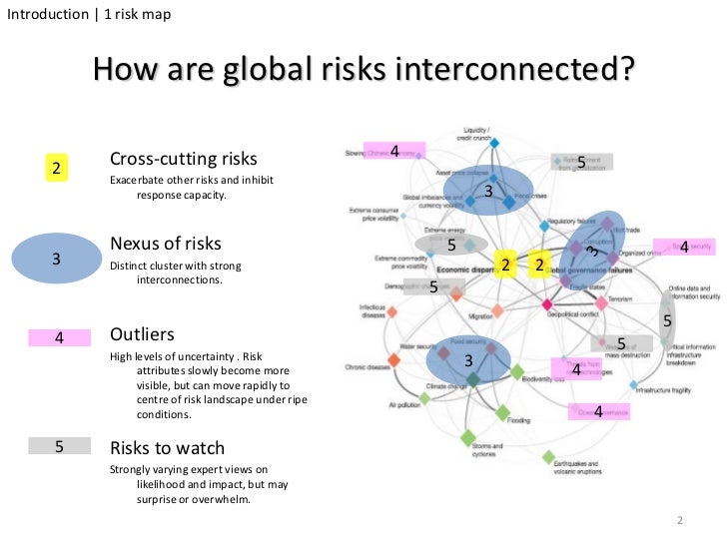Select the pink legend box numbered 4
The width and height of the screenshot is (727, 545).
click(59, 337)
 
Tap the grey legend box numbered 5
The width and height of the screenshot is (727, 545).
click(59, 447)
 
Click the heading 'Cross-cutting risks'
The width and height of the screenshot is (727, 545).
click(183, 160)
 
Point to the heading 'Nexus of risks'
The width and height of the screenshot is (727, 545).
click(166, 244)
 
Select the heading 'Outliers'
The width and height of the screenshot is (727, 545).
click(142, 334)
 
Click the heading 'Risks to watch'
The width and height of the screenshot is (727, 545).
click(167, 448)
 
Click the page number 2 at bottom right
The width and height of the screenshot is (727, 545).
click(678, 521)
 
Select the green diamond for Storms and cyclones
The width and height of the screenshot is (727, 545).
click(466, 437)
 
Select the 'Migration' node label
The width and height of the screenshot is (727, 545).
click(482, 315)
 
